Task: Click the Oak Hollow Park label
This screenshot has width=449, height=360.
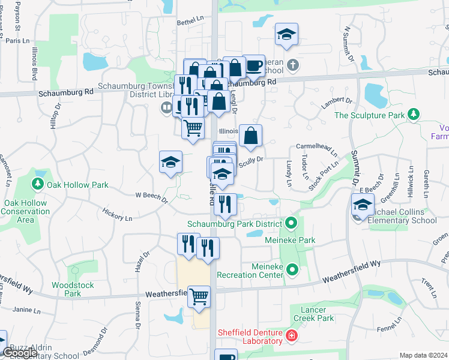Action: (x=79, y=185)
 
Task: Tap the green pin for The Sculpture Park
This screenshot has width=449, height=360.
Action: (x=413, y=114)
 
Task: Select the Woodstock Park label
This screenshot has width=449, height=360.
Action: (x=73, y=289)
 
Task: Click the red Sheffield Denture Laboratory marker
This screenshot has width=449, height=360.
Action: (x=292, y=335)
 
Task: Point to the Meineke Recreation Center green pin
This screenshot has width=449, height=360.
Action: (x=292, y=270)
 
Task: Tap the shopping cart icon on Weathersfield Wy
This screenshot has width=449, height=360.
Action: (x=199, y=296)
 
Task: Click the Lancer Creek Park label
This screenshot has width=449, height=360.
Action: (x=313, y=314)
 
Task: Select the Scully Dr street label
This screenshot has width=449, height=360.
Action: (x=251, y=160)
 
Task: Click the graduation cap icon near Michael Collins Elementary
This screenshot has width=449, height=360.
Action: (x=363, y=205)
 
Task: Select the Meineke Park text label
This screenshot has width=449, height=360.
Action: (x=290, y=240)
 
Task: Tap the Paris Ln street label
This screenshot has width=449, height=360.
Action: (x=17, y=41)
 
